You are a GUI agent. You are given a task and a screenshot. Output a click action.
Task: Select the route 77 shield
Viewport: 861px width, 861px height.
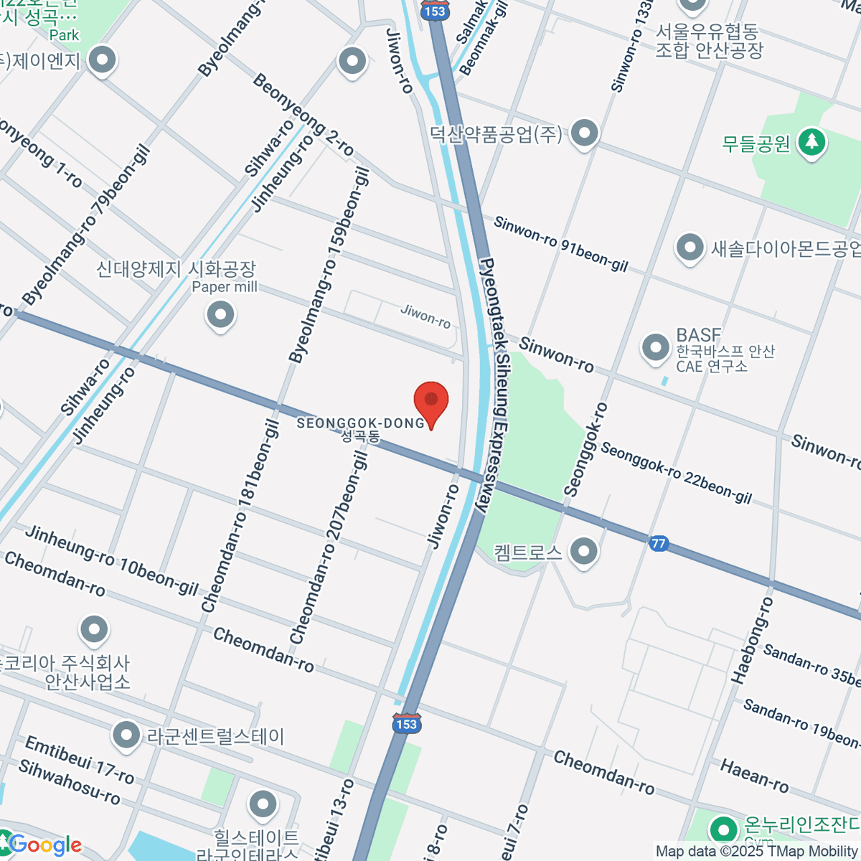click(x=659, y=543)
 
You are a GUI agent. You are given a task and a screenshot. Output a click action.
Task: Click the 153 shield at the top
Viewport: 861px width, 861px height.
click(x=435, y=10)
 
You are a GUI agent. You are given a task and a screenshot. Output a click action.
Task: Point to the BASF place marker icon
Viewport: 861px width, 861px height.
click(x=655, y=348)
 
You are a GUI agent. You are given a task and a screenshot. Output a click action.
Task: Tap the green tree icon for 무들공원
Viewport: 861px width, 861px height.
click(x=811, y=142)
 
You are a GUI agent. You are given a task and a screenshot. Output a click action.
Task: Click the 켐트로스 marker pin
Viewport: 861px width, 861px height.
click(x=584, y=552)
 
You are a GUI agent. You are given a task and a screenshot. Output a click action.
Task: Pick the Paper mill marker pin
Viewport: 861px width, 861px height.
click(x=220, y=314)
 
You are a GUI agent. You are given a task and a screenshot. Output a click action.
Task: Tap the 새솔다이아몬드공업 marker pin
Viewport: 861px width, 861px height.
click(x=690, y=248)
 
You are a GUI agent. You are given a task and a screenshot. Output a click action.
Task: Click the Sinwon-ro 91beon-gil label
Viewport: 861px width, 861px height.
click(x=560, y=245)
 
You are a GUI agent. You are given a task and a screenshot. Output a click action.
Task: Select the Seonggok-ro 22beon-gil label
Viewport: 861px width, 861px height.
click(x=676, y=472)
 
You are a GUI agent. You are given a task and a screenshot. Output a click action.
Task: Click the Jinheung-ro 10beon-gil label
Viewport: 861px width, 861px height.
click(x=112, y=560)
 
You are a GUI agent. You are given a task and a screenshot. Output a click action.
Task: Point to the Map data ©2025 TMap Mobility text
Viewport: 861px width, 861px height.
click(x=756, y=852)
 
